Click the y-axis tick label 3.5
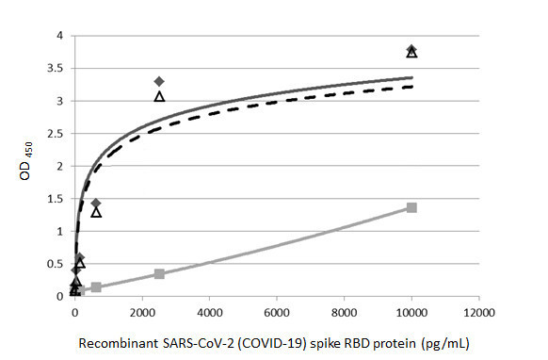(x=57, y=68)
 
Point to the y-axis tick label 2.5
(x=57, y=133)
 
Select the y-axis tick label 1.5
(x=57, y=199)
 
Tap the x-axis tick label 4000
(x=210, y=312)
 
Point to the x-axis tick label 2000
(x=142, y=312)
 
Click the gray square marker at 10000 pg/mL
(x=411, y=207)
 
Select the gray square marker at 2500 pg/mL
(x=159, y=274)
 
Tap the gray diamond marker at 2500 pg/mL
(x=159, y=82)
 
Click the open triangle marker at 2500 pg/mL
(x=159, y=96)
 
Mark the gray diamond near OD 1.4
(x=96, y=204)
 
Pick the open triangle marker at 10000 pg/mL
(x=411, y=53)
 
